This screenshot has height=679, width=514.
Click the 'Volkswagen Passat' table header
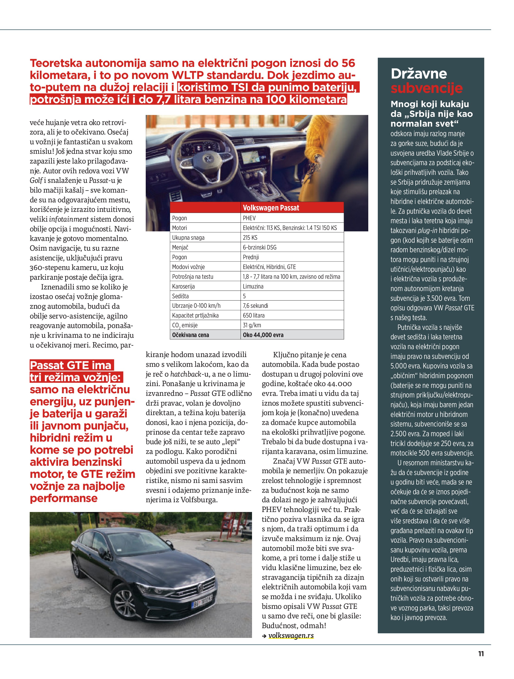[271, 208]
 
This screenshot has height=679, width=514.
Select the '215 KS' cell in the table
[250, 238]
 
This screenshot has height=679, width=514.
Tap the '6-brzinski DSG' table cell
[259, 247]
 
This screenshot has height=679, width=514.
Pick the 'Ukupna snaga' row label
[188, 238]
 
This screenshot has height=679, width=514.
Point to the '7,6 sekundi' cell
[255, 306]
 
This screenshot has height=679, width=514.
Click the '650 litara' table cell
[253, 315]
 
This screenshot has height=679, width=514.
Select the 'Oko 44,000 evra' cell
[263, 335]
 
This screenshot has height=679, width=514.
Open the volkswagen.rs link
[291, 635]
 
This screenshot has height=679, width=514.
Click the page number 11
[481, 654]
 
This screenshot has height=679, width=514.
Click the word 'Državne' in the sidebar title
[418, 74]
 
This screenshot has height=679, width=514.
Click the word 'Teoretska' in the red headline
[56, 63]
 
